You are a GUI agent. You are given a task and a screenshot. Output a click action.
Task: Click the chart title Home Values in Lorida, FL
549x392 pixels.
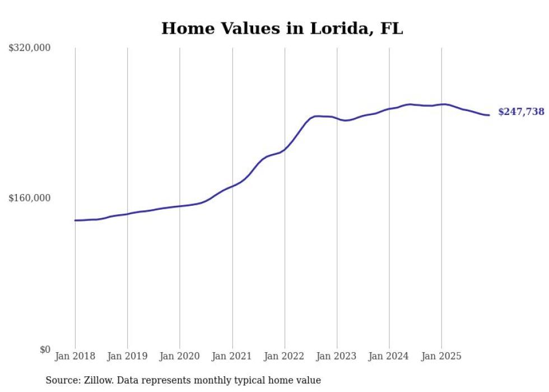click(282, 29)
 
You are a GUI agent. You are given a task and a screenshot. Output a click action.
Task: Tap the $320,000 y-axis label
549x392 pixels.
click(30, 48)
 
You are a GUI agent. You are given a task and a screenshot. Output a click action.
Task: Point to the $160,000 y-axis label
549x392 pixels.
click(30, 198)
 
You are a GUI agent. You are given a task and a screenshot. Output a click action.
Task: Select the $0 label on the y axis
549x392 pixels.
click(45, 349)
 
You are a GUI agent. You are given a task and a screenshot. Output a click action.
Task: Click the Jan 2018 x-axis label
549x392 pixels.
click(75, 356)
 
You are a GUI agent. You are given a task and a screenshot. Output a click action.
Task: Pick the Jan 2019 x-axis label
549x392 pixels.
click(127, 356)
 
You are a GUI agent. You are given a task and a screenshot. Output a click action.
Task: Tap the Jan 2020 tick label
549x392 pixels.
click(180, 356)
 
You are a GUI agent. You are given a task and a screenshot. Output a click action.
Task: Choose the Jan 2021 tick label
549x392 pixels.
click(232, 356)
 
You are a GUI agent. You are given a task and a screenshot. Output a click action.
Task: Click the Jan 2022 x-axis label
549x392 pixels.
click(285, 356)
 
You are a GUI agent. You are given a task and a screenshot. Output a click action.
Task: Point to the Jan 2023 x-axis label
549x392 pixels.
click(337, 356)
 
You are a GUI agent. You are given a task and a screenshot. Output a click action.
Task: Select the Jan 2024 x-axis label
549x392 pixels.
click(389, 356)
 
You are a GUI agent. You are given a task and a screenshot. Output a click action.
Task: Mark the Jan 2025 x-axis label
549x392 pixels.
click(441, 356)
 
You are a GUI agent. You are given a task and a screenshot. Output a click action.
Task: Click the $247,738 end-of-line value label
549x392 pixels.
click(521, 112)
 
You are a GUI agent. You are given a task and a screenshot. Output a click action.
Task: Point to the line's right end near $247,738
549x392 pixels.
click(489, 115)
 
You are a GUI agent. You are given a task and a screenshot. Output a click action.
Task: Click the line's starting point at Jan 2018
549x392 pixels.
click(75, 220)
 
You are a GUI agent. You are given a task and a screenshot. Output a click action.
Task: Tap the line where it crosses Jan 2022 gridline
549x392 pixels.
click(285, 149)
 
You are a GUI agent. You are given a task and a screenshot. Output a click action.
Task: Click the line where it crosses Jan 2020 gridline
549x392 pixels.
click(180, 206)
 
